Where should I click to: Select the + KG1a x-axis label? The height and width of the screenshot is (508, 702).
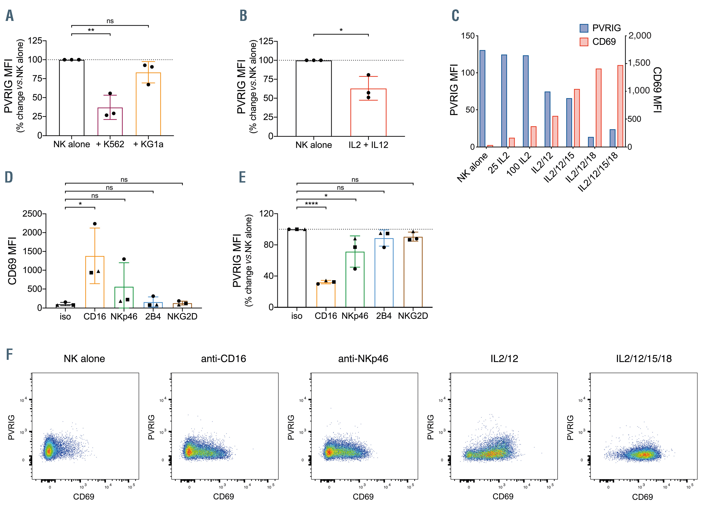(148, 144)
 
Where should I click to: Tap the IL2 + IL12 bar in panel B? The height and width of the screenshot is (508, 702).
(368, 113)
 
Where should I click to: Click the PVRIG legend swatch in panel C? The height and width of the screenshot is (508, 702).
(584, 28)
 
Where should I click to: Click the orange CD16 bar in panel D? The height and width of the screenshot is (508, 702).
(95, 282)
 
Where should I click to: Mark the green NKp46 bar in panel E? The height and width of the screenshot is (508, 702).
(355, 279)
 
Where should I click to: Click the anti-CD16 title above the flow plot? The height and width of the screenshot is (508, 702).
(223, 359)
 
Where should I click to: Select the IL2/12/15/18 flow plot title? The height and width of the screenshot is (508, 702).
(644, 359)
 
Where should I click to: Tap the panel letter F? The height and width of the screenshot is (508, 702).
(10, 354)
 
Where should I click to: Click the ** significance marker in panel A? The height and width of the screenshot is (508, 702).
(91, 30)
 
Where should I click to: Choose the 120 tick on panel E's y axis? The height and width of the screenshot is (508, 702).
(266, 214)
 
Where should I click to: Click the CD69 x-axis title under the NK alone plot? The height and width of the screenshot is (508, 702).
(84, 496)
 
